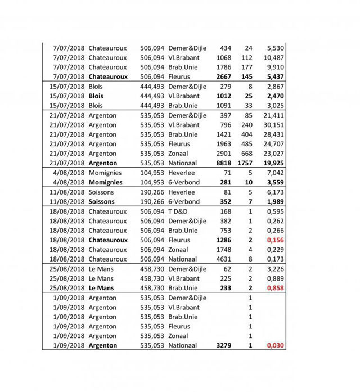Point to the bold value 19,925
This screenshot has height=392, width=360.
click(274, 163)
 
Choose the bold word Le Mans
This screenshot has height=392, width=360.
click(101, 288)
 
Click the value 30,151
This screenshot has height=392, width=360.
click(274, 125)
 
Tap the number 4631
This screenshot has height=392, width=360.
click(224, 259)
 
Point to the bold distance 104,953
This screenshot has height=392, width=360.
click(152, 182)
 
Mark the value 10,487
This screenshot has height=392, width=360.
click(274, 58)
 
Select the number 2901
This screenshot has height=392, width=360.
click(224, 154)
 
